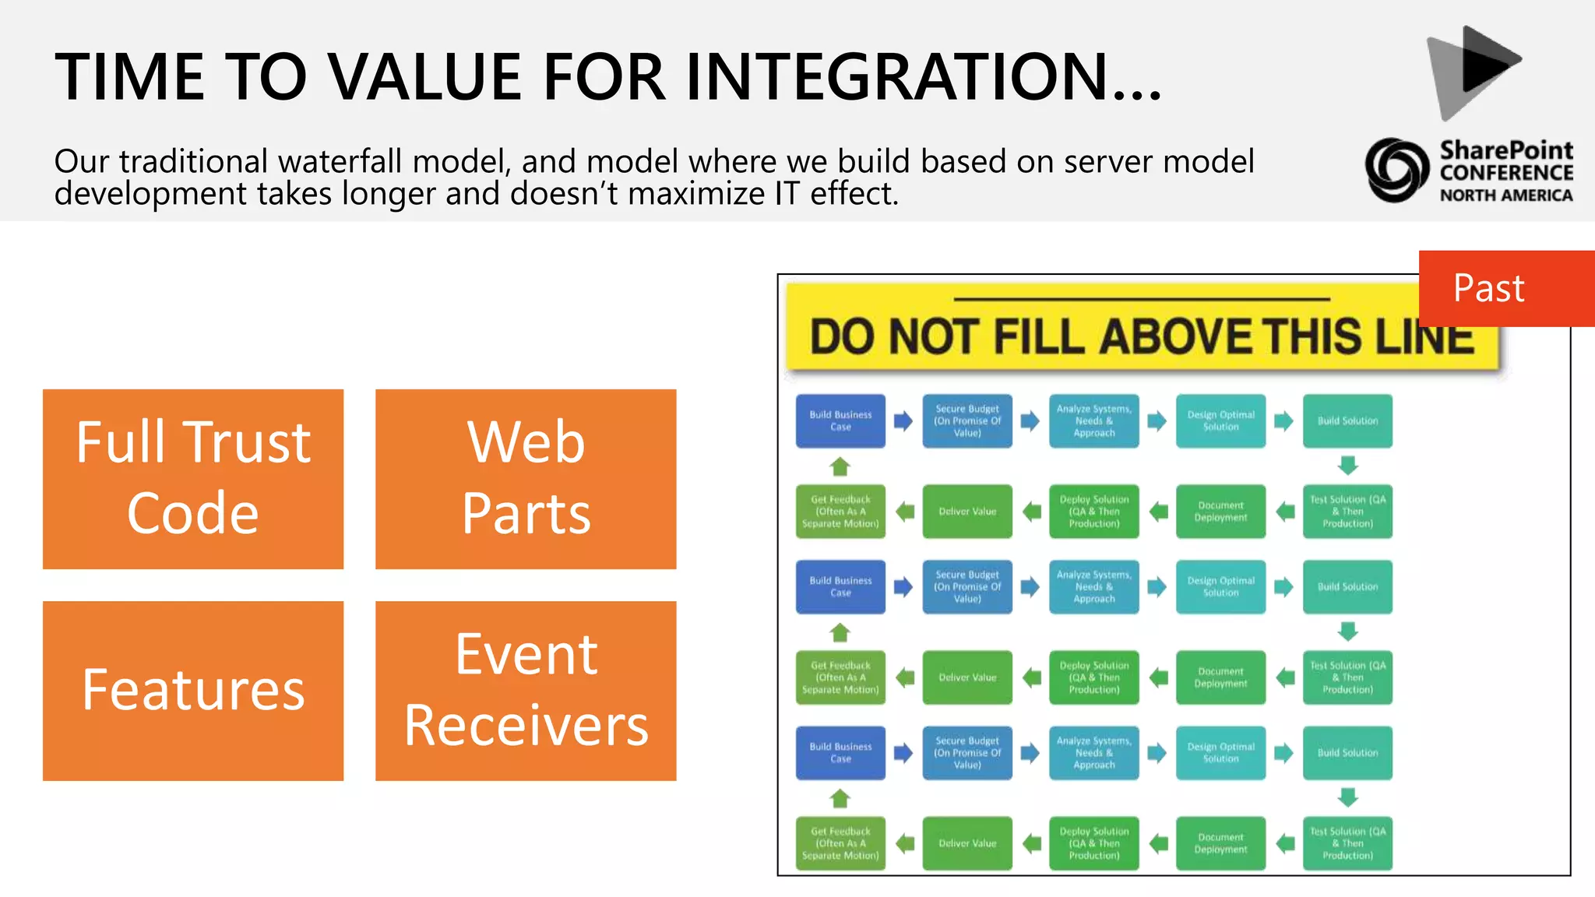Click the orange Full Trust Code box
click(x=192, y=478)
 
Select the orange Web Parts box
click(x=526, y=478)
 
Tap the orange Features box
click(x=192, y=690)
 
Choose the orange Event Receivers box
click(x=526, y=690)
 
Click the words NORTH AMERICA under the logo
click(x=1505, y=195)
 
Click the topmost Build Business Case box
click(x=840, y=420)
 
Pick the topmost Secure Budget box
click(x=967, y=420)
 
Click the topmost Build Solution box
click(x=1347, y=420)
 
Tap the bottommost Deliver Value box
click(x=967, y=843)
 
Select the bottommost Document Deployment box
click(x=1220, y=843)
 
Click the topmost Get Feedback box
click(x=840, y=512)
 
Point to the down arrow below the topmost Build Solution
click(x=1347, y=466)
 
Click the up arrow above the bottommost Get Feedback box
click(x=840, y=798)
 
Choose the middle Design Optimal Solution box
click(x=1220, y=586)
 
